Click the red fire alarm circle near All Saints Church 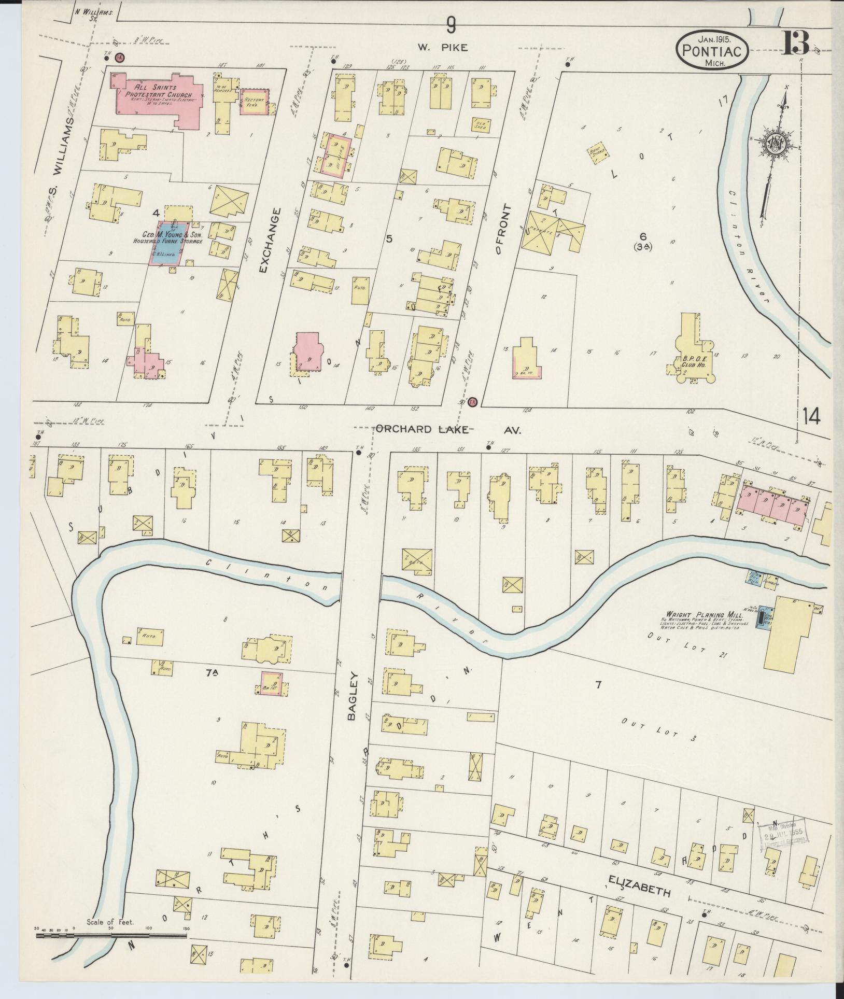click(x=119, y=58)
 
